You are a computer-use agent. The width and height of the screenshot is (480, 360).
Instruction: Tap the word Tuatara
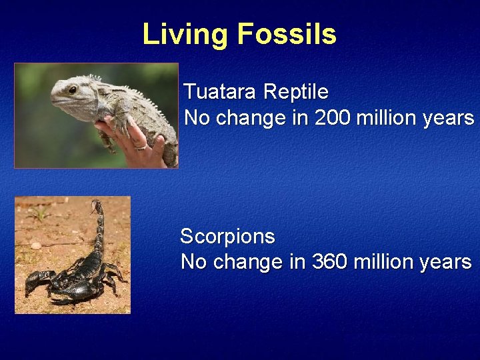pos(220,91)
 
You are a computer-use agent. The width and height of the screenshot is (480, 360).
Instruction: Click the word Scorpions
pos(227,236)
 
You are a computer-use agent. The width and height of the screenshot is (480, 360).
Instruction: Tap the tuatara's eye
pos(73,89)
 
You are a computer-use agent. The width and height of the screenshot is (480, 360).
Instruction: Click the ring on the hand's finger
pos(141,145)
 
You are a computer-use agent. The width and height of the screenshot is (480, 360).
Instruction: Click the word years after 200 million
pos(449,118)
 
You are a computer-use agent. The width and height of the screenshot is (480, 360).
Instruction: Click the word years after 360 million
pos(445,262)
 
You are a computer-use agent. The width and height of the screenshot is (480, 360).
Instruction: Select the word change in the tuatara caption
pos(245,118)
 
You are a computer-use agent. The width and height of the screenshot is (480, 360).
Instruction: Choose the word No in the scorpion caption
pos(193,262)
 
